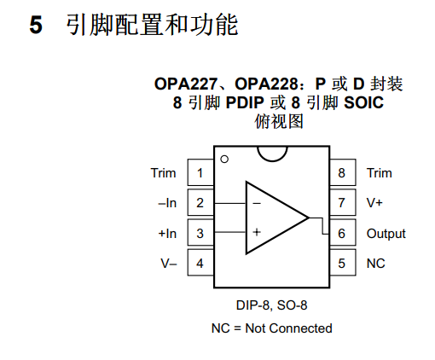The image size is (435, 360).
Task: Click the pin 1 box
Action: (x=200, y=173)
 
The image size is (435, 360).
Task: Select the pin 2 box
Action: (x=200, y=203)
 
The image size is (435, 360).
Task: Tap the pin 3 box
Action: (x=200, y=233)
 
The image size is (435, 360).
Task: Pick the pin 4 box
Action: (x=200, y=263)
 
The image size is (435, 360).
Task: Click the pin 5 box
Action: (x=342, y=263)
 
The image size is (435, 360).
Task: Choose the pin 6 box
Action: (x=342, y=233)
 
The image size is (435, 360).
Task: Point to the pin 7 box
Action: (x=342, y=203)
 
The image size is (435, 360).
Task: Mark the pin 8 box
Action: (x=342, y=173)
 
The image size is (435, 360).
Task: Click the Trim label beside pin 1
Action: (x=164, y=173)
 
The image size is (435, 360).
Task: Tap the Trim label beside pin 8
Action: (x=380, y=173)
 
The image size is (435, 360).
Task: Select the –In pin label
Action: (x=167, y=203)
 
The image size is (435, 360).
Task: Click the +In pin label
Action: (x=167, y=233)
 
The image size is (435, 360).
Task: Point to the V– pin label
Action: (x=169, y=263)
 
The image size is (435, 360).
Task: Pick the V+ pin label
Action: (x=375, y=203)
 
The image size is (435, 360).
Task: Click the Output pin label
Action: (x=386, y=233)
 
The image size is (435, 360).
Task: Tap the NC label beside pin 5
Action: (x=376, y=263)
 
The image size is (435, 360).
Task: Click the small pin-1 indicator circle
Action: (x=224, y=159)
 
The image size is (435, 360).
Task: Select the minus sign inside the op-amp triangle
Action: (x=256, y=204)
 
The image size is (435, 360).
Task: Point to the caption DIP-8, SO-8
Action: (x=271, y=305)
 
